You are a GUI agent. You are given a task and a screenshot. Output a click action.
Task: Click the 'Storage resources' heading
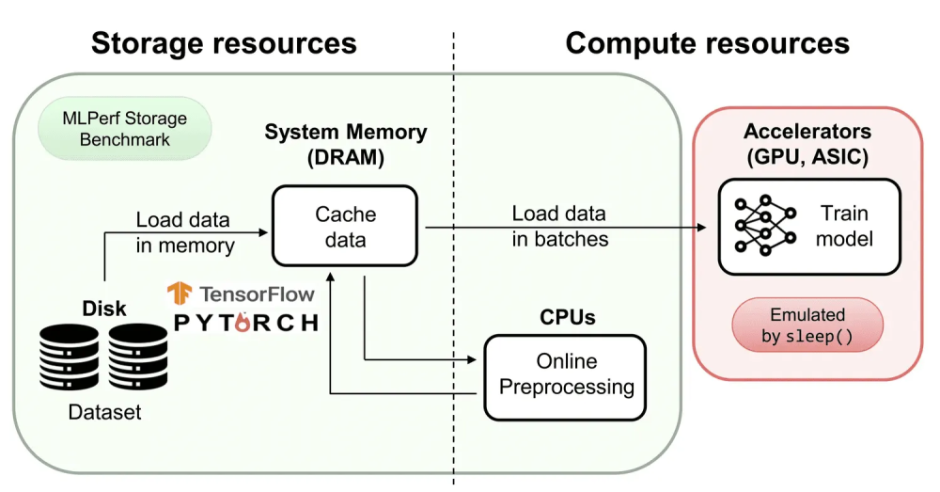[224, 42]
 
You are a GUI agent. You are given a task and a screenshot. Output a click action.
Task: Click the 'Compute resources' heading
[707, 42]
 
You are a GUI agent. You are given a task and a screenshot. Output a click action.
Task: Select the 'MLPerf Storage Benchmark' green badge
[124, 130]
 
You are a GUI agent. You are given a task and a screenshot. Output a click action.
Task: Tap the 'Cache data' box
[344, 227]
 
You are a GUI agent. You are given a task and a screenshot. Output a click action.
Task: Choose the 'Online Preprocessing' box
[566, 373]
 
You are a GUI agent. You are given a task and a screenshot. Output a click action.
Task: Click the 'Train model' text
[843, 226]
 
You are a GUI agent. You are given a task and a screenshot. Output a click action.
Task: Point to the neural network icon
[760, 227]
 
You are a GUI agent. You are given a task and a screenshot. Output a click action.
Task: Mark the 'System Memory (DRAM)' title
[345, 145]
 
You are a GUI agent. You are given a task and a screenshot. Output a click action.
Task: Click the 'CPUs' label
[567, 318]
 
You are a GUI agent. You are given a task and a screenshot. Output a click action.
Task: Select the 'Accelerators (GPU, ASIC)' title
[807, 144]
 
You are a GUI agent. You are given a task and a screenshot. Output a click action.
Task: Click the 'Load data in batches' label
[559, 226]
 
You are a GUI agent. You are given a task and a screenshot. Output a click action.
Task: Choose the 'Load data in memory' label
[184, 232]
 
